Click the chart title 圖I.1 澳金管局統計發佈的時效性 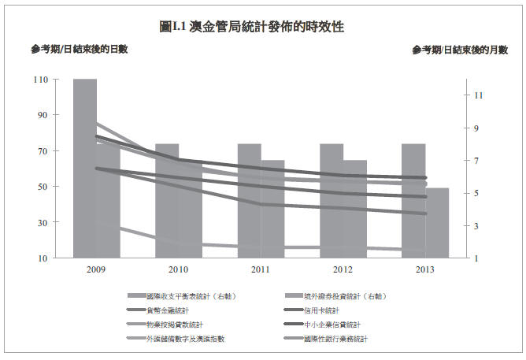251,27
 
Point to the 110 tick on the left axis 40,80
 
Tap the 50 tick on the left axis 43,187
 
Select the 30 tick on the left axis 43,223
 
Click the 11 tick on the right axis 478,95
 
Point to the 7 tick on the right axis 477,161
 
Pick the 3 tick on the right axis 477,226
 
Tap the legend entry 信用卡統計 320,311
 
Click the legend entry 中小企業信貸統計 332,325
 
